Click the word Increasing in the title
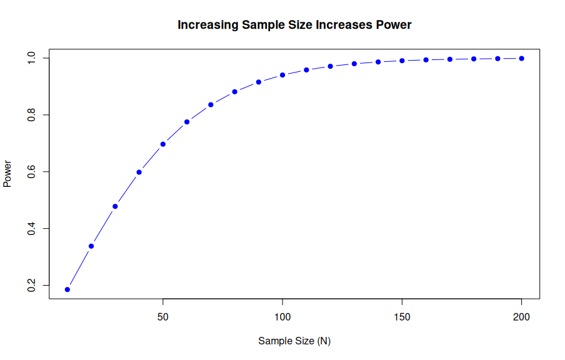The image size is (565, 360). click(204, 25)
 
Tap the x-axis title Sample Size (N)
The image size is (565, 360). click(294, 341)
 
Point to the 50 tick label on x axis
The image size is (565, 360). click(163, 317)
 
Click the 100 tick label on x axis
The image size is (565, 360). click(282, 317)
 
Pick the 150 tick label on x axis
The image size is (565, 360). click(402, 317)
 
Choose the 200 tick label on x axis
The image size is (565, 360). click(521, 317)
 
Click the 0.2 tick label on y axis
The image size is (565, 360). click(31, 285)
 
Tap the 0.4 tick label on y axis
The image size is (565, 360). click(31, 228)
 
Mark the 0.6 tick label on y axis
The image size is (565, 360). click(31, 171)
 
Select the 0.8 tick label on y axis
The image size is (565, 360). click(31, 115)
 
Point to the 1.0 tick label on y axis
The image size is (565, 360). click(31, 58)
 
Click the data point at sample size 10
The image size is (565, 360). click(67, 289)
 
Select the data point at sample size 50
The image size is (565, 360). click(163, 144)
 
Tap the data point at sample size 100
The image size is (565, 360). click(282, 75)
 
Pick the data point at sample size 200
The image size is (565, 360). click(521, 58)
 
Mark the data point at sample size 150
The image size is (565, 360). click(402, 61)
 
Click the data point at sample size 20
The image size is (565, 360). click(91, 246)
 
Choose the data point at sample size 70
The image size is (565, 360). click(211, 104)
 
